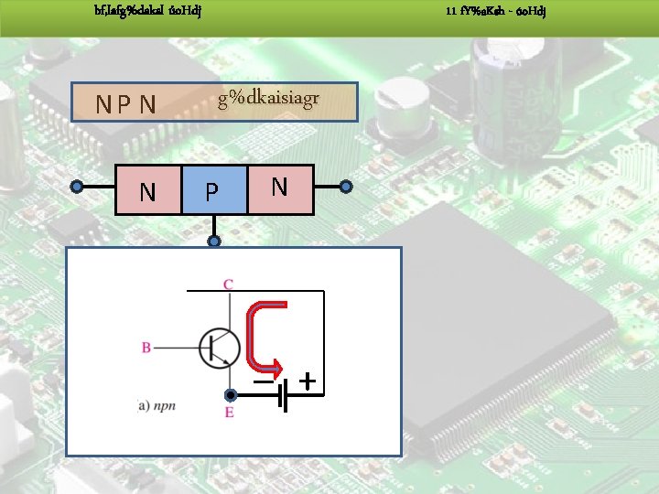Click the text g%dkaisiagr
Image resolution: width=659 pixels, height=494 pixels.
tap(267, 100)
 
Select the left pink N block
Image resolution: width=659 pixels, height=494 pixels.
tap(147, 190)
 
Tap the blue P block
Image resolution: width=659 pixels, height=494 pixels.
tap(213, 190)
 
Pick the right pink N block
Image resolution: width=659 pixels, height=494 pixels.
tap(280, 188)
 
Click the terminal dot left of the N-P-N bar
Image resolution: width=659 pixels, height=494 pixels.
tap(78, 187)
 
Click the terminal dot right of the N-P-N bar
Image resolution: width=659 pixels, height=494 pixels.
tap(346, 187)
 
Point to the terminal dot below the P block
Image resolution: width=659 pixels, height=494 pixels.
tap(213, 242)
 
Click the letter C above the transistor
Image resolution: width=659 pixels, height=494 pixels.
tap(228, 285)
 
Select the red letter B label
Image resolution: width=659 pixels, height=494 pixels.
tap(146, 348)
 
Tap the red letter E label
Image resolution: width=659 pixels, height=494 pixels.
tap(229, 413)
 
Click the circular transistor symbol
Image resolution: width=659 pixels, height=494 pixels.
tap(220, 348)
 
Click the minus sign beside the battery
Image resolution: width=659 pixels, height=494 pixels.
tap(265, 380)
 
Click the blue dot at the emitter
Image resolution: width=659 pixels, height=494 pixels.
tap(231, 394)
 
